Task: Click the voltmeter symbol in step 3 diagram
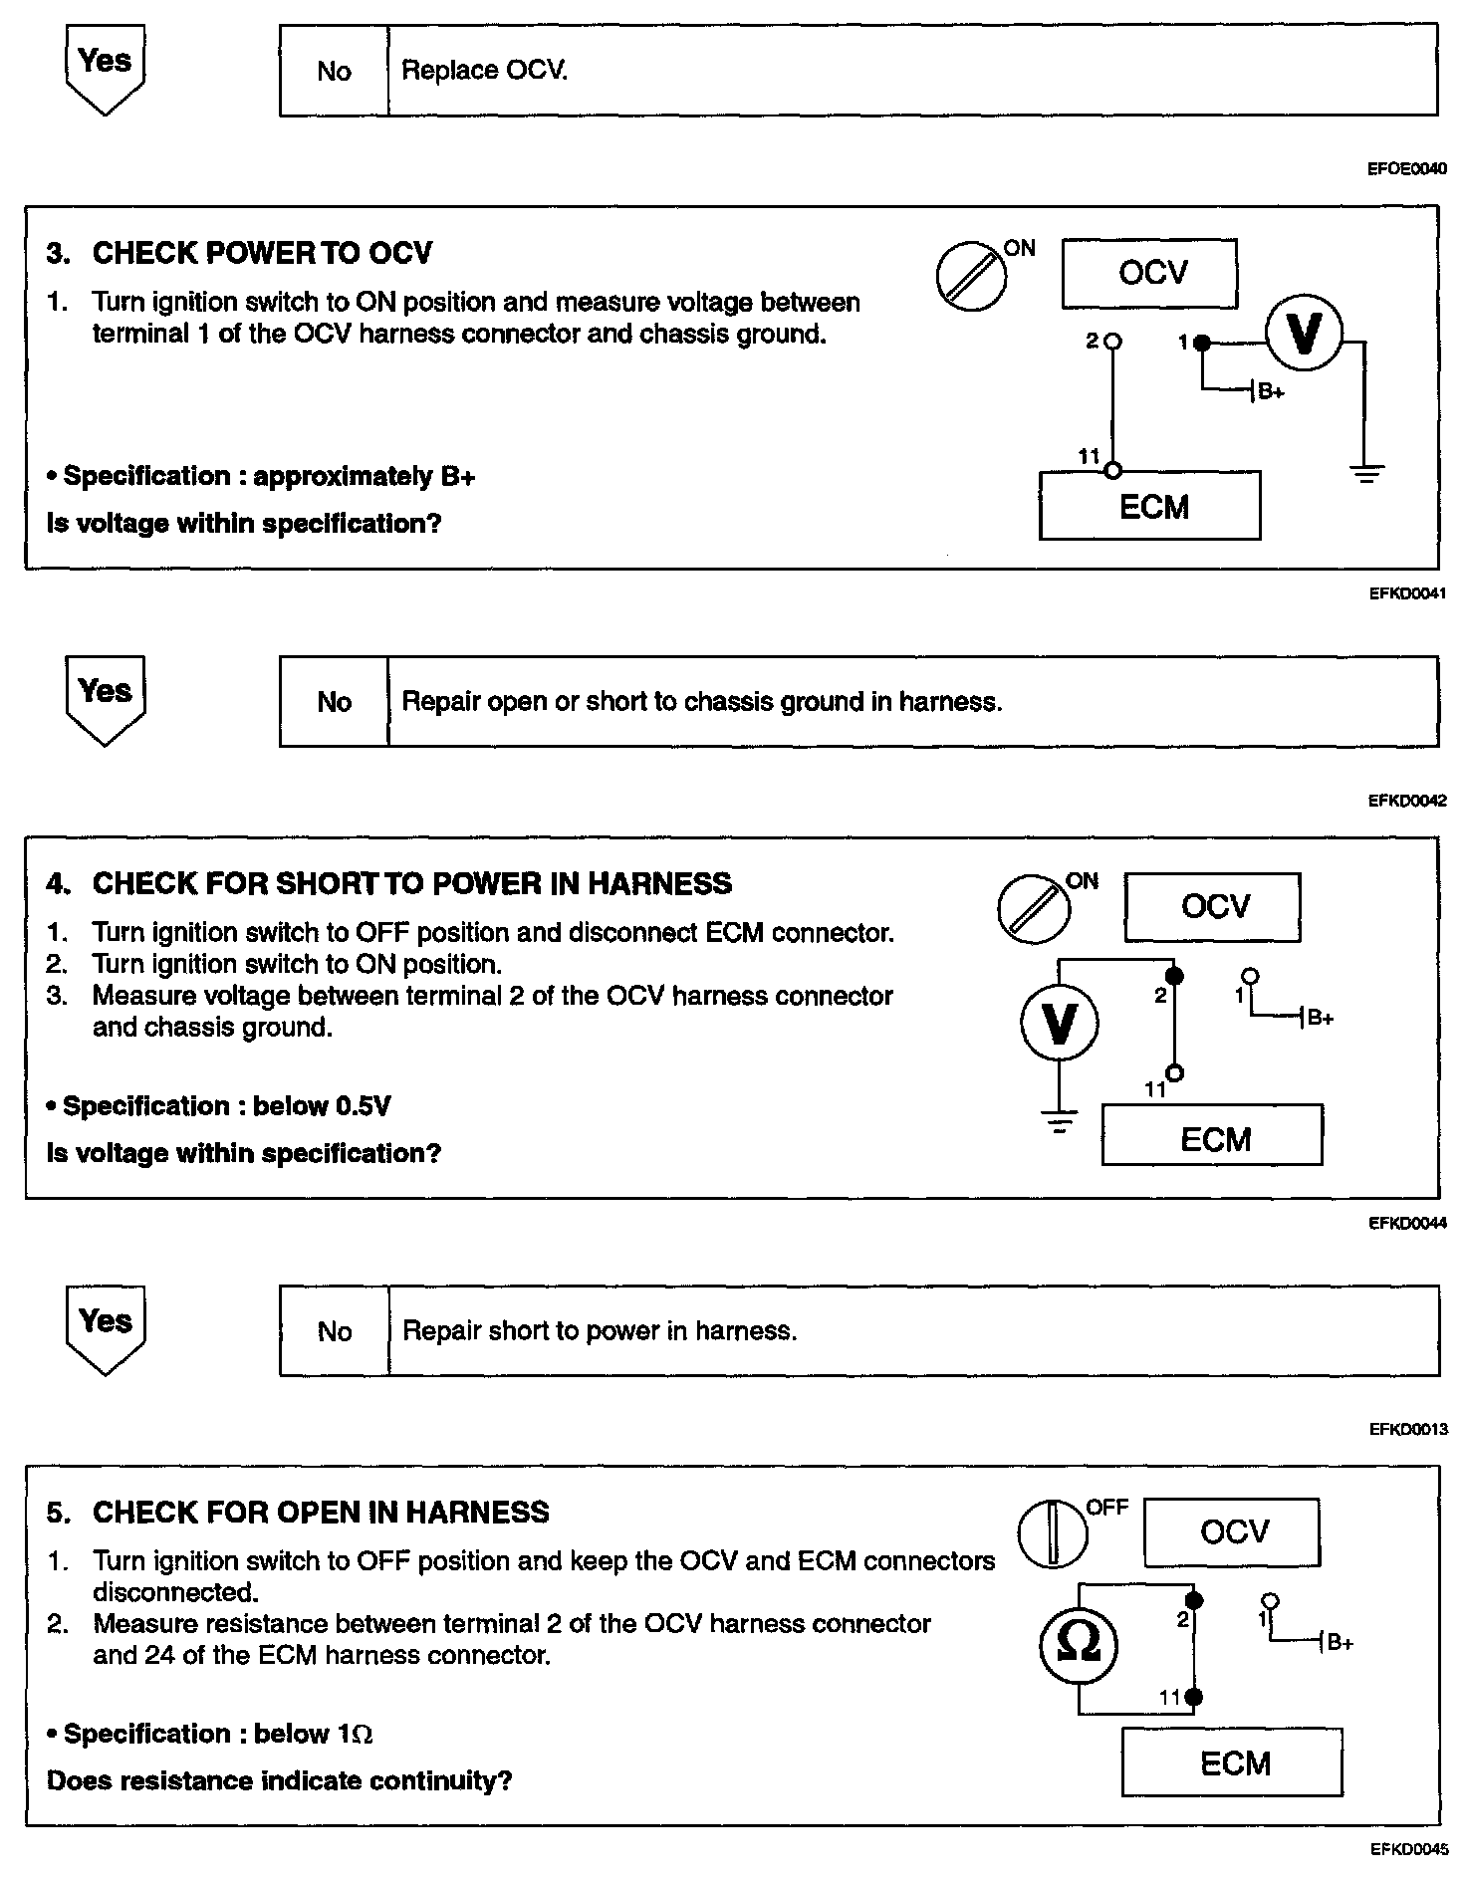click(x=1304, y=335)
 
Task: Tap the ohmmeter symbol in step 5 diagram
click(x=1078, y=1644)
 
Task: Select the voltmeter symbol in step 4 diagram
click(x=1060, y=1023)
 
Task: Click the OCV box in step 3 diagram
click(x=1149, y=273)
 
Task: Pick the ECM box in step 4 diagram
click(x=1212, y=1135)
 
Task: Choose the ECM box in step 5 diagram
click(x=1232, y=1761)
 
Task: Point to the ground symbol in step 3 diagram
click(x=1366, y=473)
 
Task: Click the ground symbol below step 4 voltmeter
click(x=1060, y=1123)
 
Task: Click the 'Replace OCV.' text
click(x=484, y=71)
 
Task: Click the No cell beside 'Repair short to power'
click(x=334, y=1331)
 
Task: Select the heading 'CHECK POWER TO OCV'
click(x=262, y=253)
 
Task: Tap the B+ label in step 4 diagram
click(x=1320, y=1018)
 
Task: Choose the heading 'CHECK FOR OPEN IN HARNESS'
click(x=321, y=1513)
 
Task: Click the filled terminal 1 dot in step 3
click(x=1202, y=343)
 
